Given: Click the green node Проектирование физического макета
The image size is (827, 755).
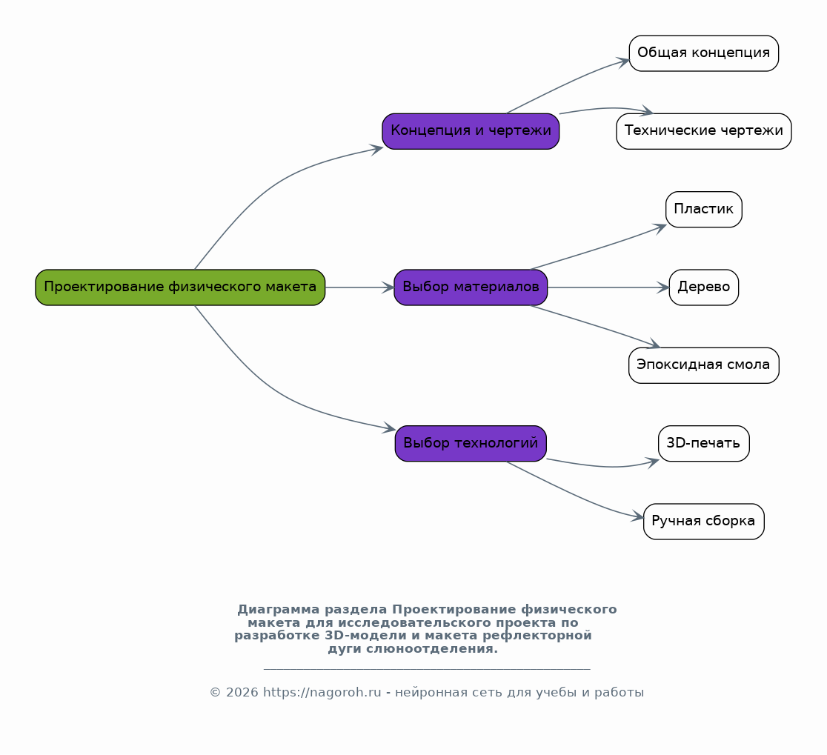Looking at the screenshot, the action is click(x=180, y=287).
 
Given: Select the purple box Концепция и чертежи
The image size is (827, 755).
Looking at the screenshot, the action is click(x=471, y=131).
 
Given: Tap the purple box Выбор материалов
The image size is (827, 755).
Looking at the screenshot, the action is click(x=471, y=287).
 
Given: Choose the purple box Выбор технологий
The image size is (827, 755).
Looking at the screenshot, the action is click(x=471, y=443).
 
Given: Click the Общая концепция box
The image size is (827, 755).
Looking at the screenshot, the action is click(x=703, y=53).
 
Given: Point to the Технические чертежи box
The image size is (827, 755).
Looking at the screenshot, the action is click(x=703, y=131).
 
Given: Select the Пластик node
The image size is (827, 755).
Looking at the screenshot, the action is click(x=703, y=210).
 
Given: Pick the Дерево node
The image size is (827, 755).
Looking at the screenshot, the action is click(x=703, y=287).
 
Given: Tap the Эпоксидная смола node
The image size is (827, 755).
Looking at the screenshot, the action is click(x=703, y=365).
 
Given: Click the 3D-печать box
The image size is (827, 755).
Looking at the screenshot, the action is click(x=703, y=443).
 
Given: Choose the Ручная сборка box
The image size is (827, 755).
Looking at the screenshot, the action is click(x=703, y=522).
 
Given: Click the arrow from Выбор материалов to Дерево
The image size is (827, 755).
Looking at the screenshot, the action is click(x=608, y=287).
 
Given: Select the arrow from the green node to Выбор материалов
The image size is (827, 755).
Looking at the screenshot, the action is click(x=359, y=287).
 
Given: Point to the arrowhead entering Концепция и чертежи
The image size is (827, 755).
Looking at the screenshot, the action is click(x=376, y=149).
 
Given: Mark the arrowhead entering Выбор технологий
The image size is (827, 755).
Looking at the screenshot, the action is click(x=389, y=428).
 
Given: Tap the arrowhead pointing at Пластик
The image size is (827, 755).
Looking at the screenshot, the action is click(x=660, y=227).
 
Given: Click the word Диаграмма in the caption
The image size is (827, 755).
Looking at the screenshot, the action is click(x=279, y=610).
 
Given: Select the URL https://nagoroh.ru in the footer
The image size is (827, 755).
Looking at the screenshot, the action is click(x=322, y=692).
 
